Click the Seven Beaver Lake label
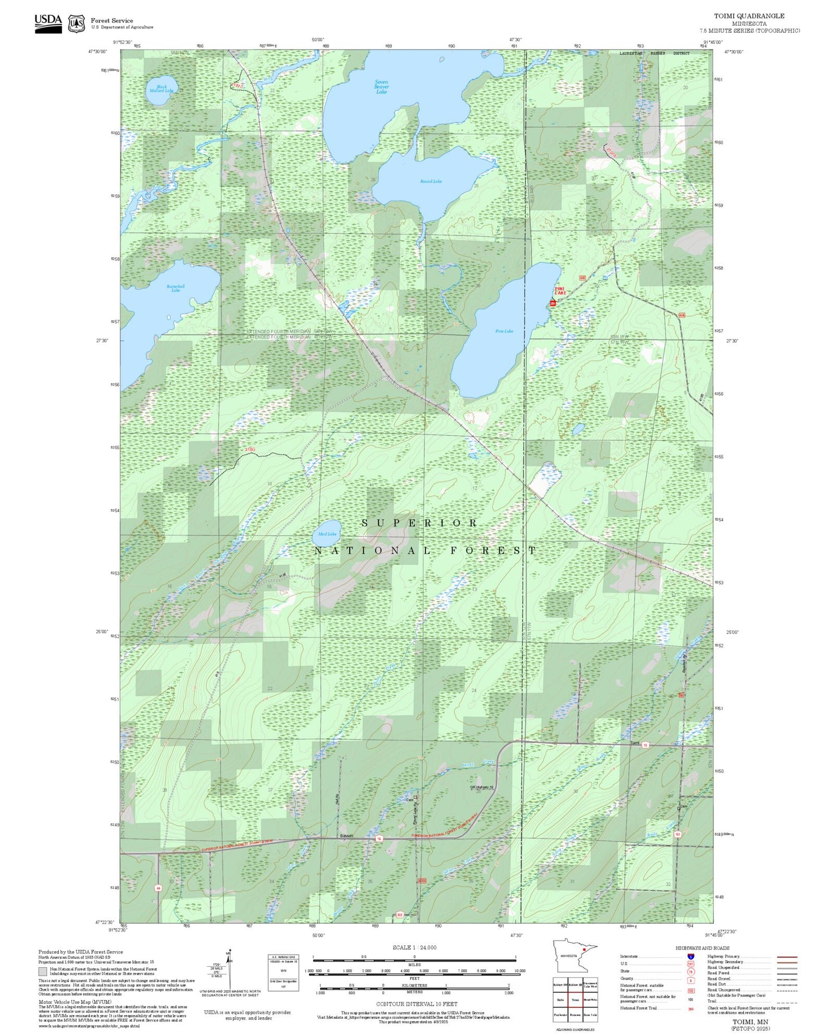coord(381,87)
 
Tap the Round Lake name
coord(431,181)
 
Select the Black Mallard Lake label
coord(161,88)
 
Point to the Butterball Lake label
coord(176,288)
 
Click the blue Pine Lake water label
coord(504,331)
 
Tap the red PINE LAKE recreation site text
coord(560,291)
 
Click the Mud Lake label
coord(327,534)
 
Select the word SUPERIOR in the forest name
coord(419,523)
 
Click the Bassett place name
coord(346,836)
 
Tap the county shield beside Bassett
coord(379,838)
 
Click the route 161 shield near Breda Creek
coord(678,834)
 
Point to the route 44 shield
coord(158,889)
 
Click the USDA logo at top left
coord(48,23)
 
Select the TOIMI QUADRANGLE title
coord(749,16)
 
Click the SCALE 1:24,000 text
coord(414,948)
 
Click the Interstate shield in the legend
coord(691,957)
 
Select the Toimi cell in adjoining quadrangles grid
coord(575,999)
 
